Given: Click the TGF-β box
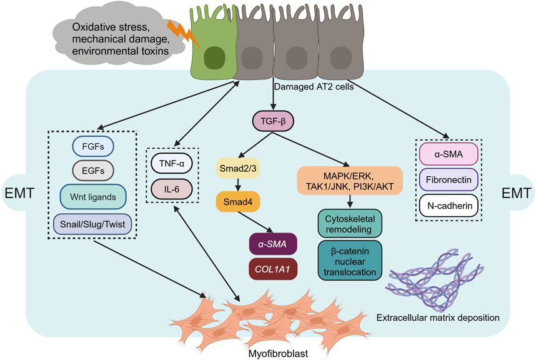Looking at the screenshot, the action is point(273,121).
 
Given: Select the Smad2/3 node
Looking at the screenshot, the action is point(238,168).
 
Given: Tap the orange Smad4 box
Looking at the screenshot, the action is point(238,202).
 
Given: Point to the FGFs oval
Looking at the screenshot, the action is point(93,146).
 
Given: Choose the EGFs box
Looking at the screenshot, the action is point(93,170).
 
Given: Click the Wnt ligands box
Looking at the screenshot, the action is point(93,197).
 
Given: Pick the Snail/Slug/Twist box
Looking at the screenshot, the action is point(92,224).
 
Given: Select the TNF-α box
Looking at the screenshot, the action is point(172,163).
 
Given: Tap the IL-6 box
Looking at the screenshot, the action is point(172,189).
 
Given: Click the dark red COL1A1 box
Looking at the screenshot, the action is point(273,269).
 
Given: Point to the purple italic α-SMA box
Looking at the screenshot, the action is point(273,244).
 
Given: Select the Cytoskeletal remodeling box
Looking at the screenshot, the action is point(350,224).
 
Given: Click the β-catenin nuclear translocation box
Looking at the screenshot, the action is point(350,261).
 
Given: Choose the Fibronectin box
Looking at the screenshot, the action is point(449,179).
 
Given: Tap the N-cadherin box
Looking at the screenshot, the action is point(449,206).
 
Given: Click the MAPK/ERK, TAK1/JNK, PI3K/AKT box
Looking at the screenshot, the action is point(350,181).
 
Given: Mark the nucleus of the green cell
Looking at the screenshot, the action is point(214,58).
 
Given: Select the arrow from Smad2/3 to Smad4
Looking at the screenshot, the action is point(238,185).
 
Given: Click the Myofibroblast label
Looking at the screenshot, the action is point(278,353).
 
